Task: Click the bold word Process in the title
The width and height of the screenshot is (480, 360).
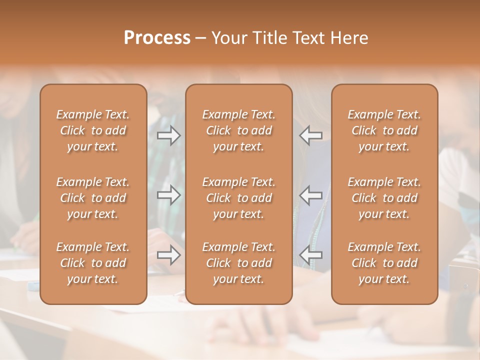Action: (x=157, y=38)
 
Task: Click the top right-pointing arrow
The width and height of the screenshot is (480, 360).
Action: (x=168, y=135)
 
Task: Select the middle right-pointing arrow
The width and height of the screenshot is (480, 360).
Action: (x=168, y=195)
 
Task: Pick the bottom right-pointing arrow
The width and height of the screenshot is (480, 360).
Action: (x=168, y=255)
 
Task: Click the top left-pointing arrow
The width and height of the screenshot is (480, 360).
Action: (x=310, y=135)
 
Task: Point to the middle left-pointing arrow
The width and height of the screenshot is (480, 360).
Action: (x=310, y=195)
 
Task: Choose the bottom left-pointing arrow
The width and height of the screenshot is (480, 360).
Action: (x=310, y=255)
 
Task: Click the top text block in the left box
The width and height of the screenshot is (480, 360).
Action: (x=93, y=130)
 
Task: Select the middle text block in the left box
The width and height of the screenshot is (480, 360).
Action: (x=93, y=198)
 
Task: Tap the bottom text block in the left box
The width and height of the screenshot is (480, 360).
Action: (x=93, y=263)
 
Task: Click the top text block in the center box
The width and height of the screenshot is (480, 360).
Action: (x=238, y=130)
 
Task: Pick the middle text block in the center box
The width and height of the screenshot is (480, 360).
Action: (x=238, y=198)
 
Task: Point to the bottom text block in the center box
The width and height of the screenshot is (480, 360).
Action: (x=238, y=263)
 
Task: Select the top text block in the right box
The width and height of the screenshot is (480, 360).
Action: (x=384, y=130)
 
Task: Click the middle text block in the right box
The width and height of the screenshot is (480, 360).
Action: (x=384, y=198)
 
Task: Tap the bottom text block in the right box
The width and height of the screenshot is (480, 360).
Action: (x=384, y=263)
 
